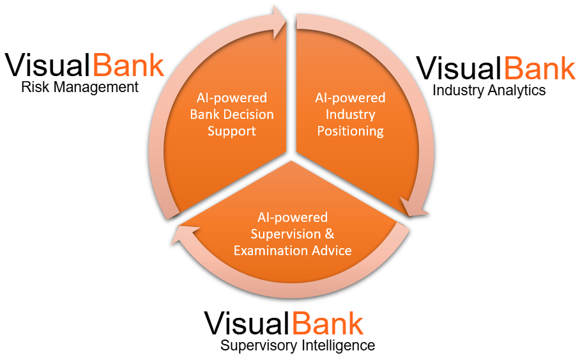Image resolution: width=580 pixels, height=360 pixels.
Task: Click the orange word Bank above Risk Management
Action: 129,66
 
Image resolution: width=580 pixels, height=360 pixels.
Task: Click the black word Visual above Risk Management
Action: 49,66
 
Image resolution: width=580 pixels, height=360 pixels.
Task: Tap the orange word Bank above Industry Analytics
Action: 540,68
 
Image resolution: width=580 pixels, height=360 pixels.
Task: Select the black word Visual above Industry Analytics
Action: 459,68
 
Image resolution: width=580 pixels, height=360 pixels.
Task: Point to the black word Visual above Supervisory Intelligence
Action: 247,324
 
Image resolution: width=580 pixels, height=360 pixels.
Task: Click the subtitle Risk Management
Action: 80,87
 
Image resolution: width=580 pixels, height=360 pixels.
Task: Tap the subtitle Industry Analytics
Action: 489,90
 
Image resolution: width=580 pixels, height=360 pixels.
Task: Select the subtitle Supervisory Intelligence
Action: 298,346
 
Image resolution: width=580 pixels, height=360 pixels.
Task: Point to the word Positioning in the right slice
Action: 351,131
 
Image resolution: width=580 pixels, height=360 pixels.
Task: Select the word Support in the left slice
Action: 231,131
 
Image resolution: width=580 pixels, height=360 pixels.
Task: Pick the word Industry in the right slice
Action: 350,114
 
